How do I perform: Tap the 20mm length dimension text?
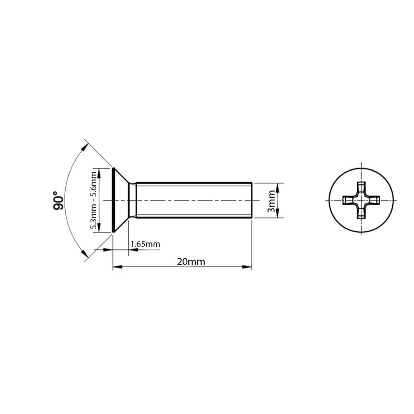(x=190, y=261)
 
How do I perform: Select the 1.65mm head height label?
(x=145, y=243)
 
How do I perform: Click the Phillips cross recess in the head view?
(x=361, y=200)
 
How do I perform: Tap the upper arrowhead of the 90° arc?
(x=84, y=146)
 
